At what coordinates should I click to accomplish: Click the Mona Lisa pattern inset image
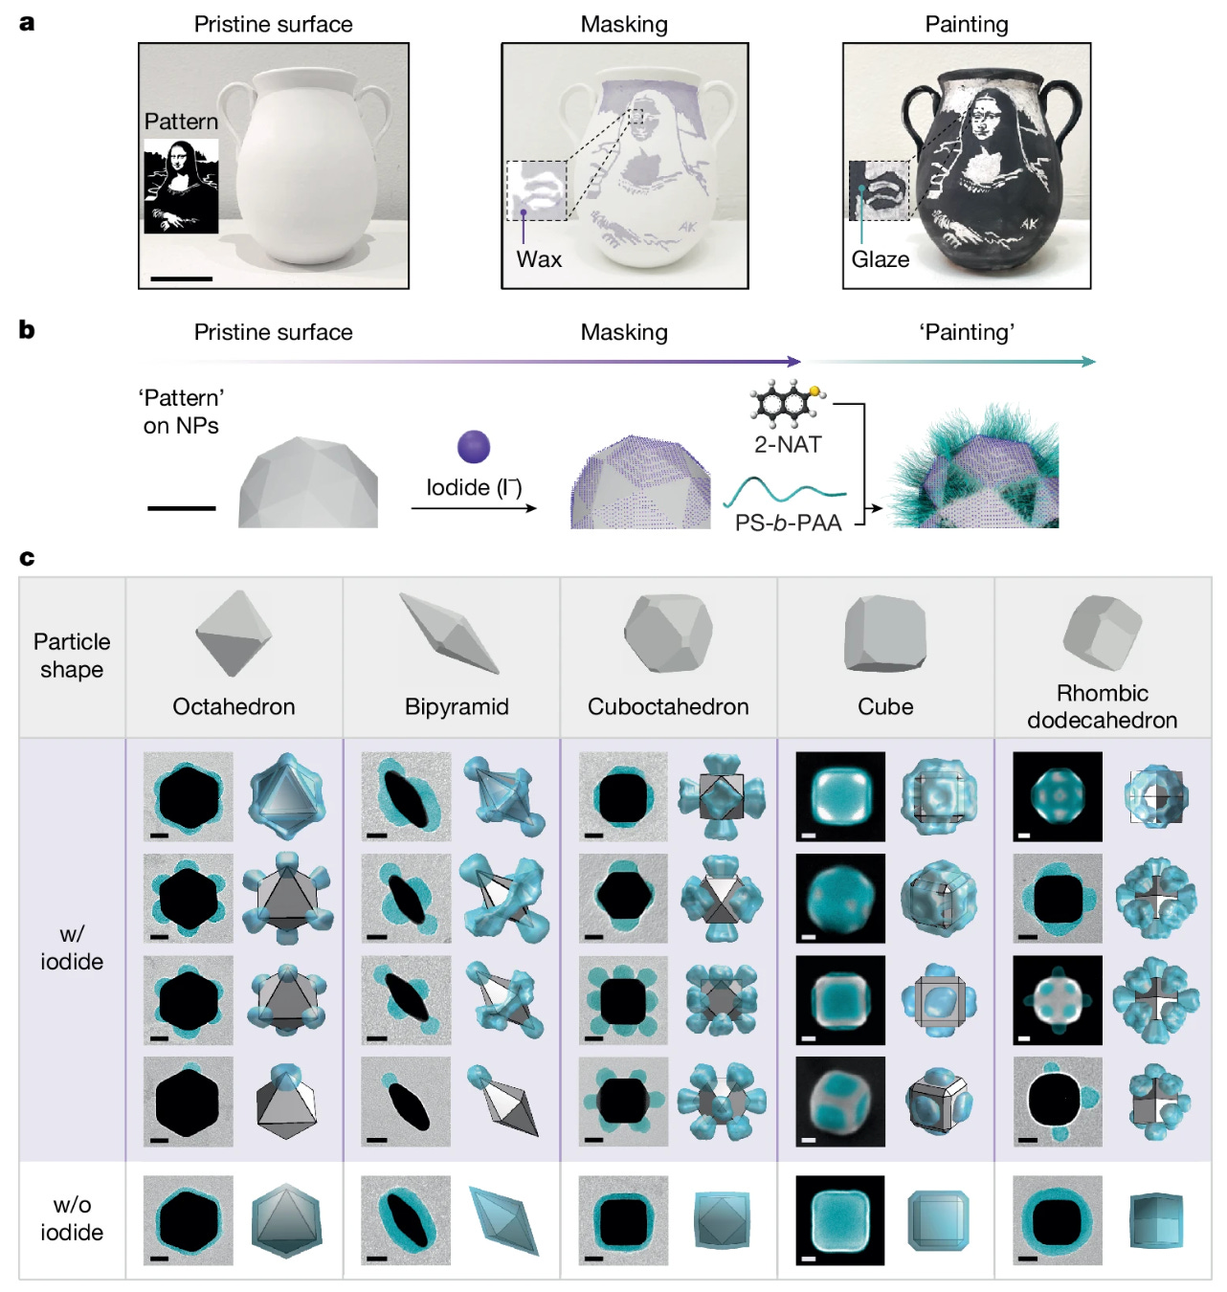(181, 186)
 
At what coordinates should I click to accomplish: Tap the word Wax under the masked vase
(539, 259)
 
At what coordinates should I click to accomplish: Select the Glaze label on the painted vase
(880, 259)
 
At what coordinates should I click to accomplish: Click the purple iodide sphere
(474, 447)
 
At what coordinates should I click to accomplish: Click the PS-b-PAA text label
(788, 523)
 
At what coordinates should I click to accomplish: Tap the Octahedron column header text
(234, 706)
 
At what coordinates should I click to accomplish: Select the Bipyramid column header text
(457, 706)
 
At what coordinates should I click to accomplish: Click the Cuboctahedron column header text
(668, 706)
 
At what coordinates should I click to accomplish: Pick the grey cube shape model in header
(884, 634)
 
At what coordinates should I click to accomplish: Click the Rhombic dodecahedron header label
(1103, 706)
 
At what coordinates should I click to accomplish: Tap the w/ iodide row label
(72, 947)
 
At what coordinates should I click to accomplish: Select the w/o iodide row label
(72, 1218)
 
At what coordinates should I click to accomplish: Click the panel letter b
(27, 330)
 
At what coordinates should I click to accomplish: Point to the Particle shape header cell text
(72, 656)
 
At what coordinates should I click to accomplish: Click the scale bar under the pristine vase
(181, 278)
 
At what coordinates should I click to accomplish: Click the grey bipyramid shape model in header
(448, 633)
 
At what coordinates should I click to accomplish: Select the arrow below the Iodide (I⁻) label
(474, 508)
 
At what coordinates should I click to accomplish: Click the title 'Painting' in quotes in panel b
(967, 332)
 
